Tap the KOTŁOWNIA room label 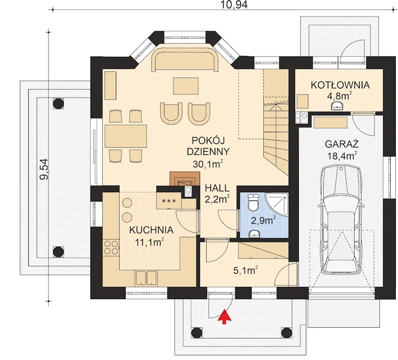point(340,85)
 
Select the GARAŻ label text point(342,144)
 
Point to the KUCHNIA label point(151,230)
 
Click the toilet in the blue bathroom point(253,203)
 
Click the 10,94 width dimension point(234,5)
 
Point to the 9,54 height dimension point(44,169)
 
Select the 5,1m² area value point(245,270)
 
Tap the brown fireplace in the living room point(184,179)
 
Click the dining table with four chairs point(126,136)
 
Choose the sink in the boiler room point(337,106)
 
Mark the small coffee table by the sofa point(186,86)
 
